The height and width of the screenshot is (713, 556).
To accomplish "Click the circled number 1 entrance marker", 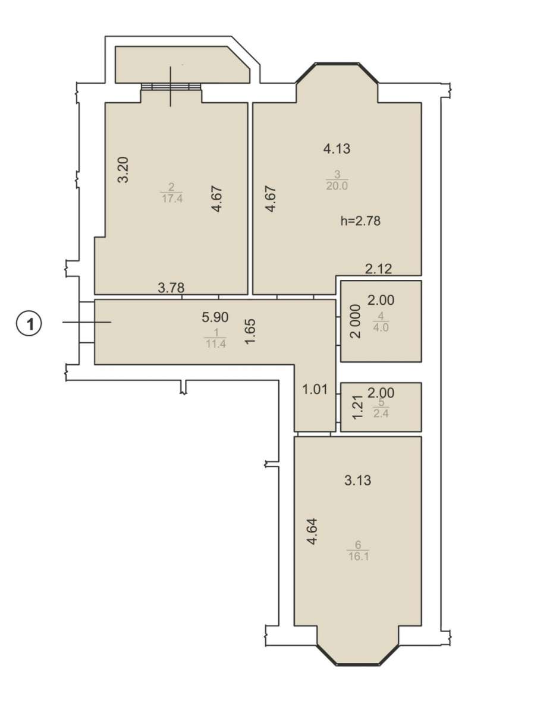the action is pyautogui.click(x=29, y=324).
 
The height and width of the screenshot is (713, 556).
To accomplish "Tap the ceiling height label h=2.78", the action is pyautogui.click(x=360, y=221).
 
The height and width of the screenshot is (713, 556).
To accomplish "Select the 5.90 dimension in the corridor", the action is pyautogui.click(x=215, y=317).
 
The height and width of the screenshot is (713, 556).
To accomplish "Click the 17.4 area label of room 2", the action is pyautogui.click(x=172, y=198).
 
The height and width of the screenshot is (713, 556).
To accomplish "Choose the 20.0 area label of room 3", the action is pyautogui.click(x=337, y=186).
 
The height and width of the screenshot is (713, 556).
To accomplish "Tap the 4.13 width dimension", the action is pyautogui.click(x=337, y=149).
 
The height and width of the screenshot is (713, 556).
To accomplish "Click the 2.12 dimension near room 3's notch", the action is pyautogui.click(x=379, y=269).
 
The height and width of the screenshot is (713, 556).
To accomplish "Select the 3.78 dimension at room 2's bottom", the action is pyautogui.click(x=171, y=288).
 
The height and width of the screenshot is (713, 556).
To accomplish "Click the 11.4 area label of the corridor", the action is pyautogui.click(x=215, y=344).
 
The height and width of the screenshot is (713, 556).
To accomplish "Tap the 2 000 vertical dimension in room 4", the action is pyautogui.click(x=356, y=321).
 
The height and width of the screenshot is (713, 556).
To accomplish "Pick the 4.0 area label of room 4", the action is pyautogui.click(x=381, y=327).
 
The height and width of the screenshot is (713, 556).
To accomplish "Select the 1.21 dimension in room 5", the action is pyautogui.click(x=359, y=406).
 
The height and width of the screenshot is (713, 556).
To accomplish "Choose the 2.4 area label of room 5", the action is pyautogui.click(x=381, y=413).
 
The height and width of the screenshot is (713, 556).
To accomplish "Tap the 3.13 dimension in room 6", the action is pyautogui.click(x=358, y=480).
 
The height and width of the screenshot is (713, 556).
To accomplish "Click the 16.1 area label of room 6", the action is pyautogui.click(x=358, y=557).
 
